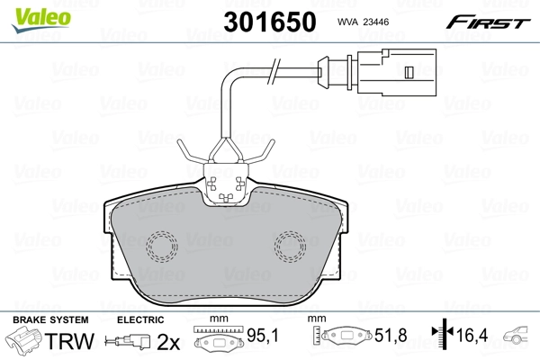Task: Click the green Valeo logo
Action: click(x=41, y=20)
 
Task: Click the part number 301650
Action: click(x=270, y=22)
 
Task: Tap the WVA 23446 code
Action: click(x=363, y=22)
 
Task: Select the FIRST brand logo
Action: click(x=488, y=22)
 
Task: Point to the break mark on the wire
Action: click(x=274, y=71)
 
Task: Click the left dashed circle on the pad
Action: click(x=161, y=247)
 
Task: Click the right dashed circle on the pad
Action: click(x=290, y=247)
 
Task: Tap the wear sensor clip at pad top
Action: click(x=226, y=184)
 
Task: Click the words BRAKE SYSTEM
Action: click(x=50, y=319)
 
